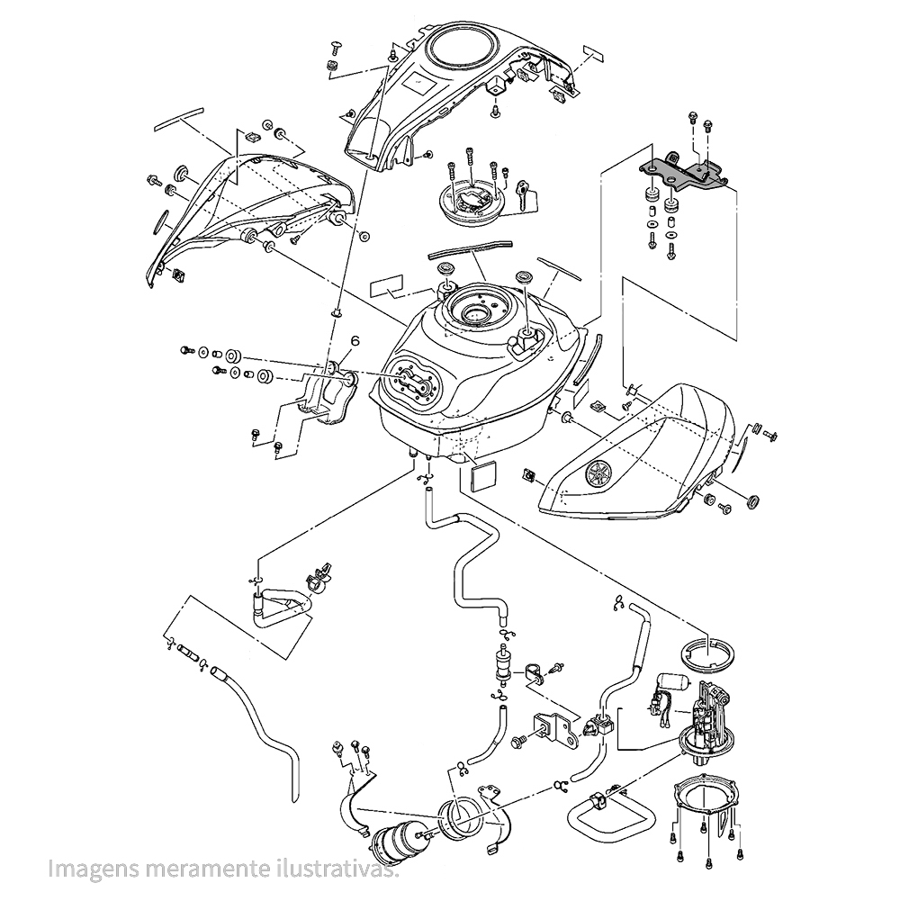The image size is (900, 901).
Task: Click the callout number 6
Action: tap(355, 341)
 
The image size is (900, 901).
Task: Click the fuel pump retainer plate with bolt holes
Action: tap(706, 797)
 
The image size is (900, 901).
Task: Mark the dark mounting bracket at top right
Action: tap(686, 172)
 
